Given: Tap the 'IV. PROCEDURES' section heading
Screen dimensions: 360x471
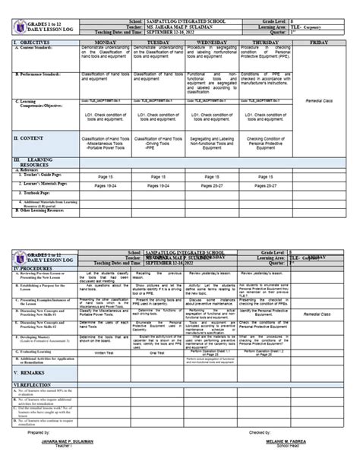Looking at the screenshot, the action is tap(29, 268).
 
